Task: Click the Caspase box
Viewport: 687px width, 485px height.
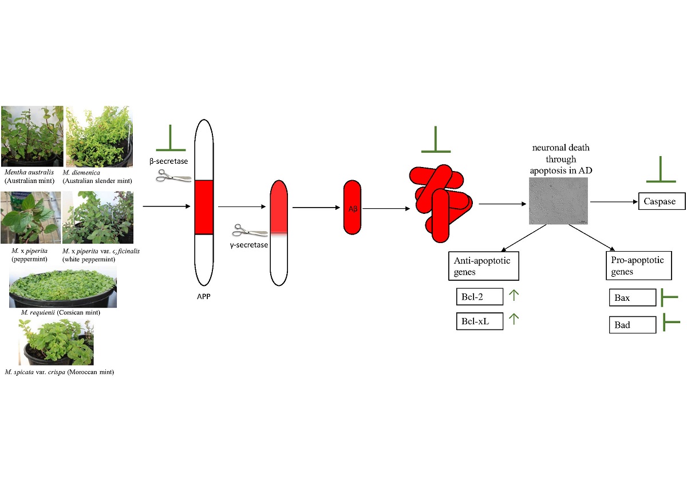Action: click(x=661, y=201)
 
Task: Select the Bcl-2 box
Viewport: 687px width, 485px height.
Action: click(x=479, y=296)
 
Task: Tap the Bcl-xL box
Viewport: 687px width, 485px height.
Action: click(x=479, y=321)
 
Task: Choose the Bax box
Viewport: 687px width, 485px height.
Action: click(x=631, y=297)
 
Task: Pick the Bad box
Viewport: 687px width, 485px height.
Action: click(x=631, y=324)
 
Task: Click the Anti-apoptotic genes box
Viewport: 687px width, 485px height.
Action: click(x=483, y=265)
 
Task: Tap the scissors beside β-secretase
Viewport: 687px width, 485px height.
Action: click(x=173, y=176)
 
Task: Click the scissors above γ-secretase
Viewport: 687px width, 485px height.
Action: click(x=250, y=231)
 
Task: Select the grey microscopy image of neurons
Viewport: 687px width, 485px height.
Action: click(x=557, y=200)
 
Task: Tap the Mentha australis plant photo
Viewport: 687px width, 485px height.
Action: click(x=32, y=136)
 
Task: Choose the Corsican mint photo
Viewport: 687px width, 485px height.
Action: click(x=62, y=286)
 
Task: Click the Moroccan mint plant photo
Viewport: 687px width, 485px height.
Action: click(x=56, y=343)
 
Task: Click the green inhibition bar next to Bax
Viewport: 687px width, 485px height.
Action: click(x=669, y=297)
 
